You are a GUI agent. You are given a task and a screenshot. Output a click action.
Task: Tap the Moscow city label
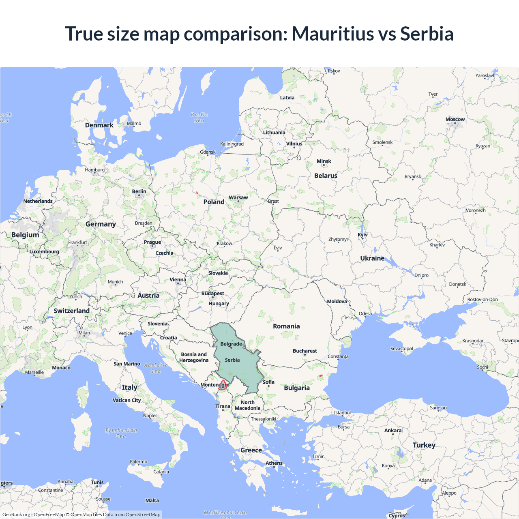point(455,119)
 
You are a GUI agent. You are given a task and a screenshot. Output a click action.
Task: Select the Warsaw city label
point(238,197)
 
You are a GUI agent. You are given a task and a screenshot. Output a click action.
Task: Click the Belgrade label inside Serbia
point(231,344)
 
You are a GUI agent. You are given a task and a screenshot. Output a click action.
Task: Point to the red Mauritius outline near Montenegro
point(222,385)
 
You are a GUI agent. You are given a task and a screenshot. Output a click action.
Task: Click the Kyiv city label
point(362,235)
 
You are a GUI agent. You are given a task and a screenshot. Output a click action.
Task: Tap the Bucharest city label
point(305,351)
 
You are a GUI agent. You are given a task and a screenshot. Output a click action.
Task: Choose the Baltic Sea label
point(199,118)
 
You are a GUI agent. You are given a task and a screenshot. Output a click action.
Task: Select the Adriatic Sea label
point(156,368)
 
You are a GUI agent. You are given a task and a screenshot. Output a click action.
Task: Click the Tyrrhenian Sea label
point(121,433)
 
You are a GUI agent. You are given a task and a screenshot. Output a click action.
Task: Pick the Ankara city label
point(392,430)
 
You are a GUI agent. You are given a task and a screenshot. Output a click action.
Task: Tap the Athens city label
point(274,463)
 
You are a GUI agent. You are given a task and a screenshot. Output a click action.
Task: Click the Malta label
point(152,500)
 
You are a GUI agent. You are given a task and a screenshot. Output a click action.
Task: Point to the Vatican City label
point(127,400)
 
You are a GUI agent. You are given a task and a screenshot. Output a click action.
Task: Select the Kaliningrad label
point(232,144)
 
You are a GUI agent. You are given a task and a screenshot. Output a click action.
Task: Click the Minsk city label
point(324,161)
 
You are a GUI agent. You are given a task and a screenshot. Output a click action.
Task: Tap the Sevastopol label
point(401,349)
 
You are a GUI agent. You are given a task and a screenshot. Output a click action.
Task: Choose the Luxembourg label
point(44,251)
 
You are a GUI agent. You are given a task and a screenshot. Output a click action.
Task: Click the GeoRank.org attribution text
point(16,515)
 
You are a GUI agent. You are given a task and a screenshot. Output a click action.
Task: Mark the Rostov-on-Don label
point(482,300)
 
